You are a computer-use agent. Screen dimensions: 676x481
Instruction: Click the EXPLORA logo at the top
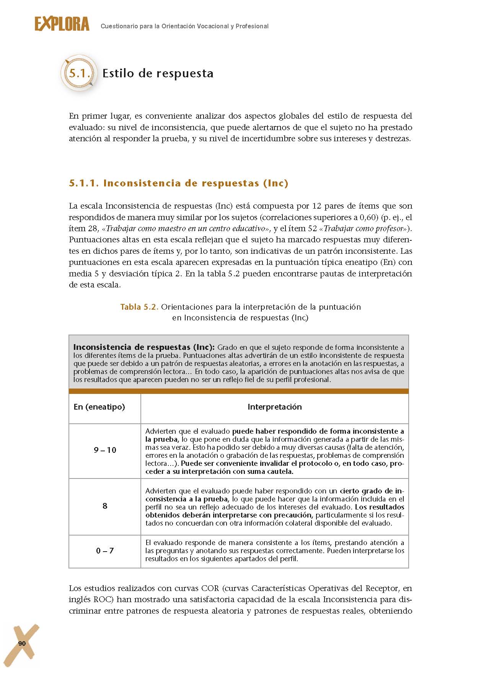pyautogui.click(x=62, y=24)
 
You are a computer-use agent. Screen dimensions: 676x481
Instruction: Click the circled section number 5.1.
pyautogui.click(x=79, y=73)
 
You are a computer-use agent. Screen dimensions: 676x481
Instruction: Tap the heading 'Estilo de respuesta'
pyautogui.click(x=158, y=73)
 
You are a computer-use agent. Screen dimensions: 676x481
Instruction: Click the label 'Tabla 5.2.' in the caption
pyautogui.click(x=139, y=307)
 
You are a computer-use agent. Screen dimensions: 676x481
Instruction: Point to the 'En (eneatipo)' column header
pyautogui.click(x=99, y=407)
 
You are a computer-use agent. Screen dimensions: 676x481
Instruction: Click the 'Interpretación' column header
pyautogui.click(x=274, y=407)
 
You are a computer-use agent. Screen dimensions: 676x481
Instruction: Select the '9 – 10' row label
pyautogui.click(x=105, y=450)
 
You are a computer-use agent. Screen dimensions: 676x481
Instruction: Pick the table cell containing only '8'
pyautogui.click(x=105, y=506)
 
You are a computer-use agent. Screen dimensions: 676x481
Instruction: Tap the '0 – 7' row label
pyautogui.click(x=105, y=551)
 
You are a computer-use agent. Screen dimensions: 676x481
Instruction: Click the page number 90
pyautogui.click(x=22, y=643)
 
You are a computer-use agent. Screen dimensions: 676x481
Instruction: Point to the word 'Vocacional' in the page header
pyautogui.click(x=212, y=26)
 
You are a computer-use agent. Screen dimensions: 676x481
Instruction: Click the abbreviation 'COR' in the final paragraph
pyautogui.click(x=210, y=588)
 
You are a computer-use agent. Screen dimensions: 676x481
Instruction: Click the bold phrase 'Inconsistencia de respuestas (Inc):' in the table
pyautogui.click(x=144, y=348)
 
